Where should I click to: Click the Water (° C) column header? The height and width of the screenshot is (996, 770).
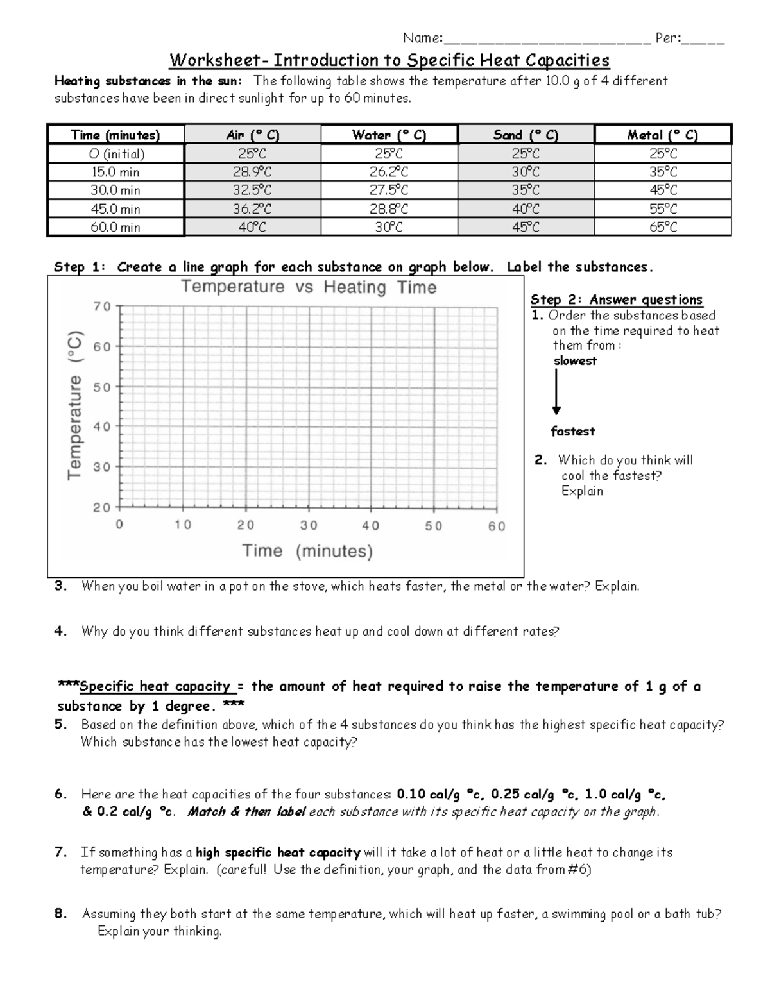tap(389, 135)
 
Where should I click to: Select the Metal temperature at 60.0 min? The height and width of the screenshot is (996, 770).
tap(663, 227)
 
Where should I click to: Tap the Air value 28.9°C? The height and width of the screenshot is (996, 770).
tap(252, 172)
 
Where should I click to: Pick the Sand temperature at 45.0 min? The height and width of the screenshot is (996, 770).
tap(526, 208)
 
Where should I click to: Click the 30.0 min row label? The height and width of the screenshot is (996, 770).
tap(116, 190)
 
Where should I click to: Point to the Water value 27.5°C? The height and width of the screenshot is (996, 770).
tap(389, 190)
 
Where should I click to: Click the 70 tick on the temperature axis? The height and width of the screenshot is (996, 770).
tap(102, 307)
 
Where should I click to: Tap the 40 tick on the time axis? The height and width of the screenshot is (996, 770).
tap(370, 526)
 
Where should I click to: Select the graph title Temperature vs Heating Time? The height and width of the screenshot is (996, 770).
tap(309, 287)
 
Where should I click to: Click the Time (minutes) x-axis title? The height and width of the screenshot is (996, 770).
tap(307, 551)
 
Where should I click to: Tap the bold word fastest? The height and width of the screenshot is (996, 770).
tap(572, 432)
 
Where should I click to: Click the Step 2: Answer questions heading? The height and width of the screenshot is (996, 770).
tap(616, 300)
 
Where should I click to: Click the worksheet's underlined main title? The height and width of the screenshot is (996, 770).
tap(389, 61)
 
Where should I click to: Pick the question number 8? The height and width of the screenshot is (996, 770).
tap(60, 914)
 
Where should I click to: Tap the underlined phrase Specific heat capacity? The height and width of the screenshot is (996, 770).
tap(154, 686)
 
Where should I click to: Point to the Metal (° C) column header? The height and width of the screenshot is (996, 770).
tap(663, 135)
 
